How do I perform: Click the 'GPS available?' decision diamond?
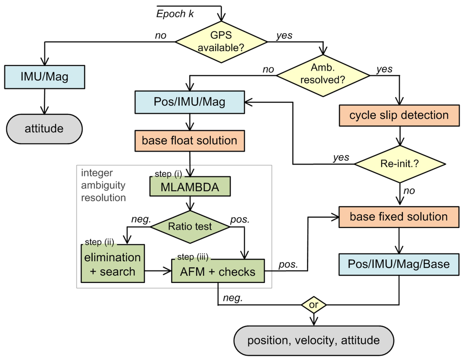221,42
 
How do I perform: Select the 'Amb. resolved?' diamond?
323,76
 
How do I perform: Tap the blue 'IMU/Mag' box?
45,77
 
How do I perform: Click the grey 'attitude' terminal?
44,129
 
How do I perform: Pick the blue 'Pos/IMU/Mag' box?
190,102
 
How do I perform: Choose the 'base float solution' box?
190,141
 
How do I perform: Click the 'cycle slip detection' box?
399,116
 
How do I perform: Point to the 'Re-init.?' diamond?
400,164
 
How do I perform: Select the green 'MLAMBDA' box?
190,186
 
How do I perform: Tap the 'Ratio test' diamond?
190,227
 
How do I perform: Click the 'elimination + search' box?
113,263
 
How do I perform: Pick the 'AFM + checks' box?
218,271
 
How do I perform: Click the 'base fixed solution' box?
399,217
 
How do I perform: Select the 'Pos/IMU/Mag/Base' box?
399,264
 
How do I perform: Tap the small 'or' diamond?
314,305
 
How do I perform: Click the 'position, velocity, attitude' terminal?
314,341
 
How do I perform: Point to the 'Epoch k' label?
175,14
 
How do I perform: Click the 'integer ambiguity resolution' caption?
103,185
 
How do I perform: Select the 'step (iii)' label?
193,257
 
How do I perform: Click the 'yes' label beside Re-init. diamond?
341,157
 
